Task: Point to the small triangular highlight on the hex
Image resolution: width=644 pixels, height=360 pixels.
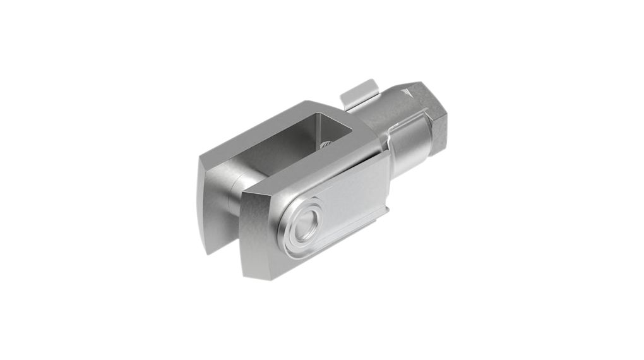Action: click(x=412, y=91)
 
